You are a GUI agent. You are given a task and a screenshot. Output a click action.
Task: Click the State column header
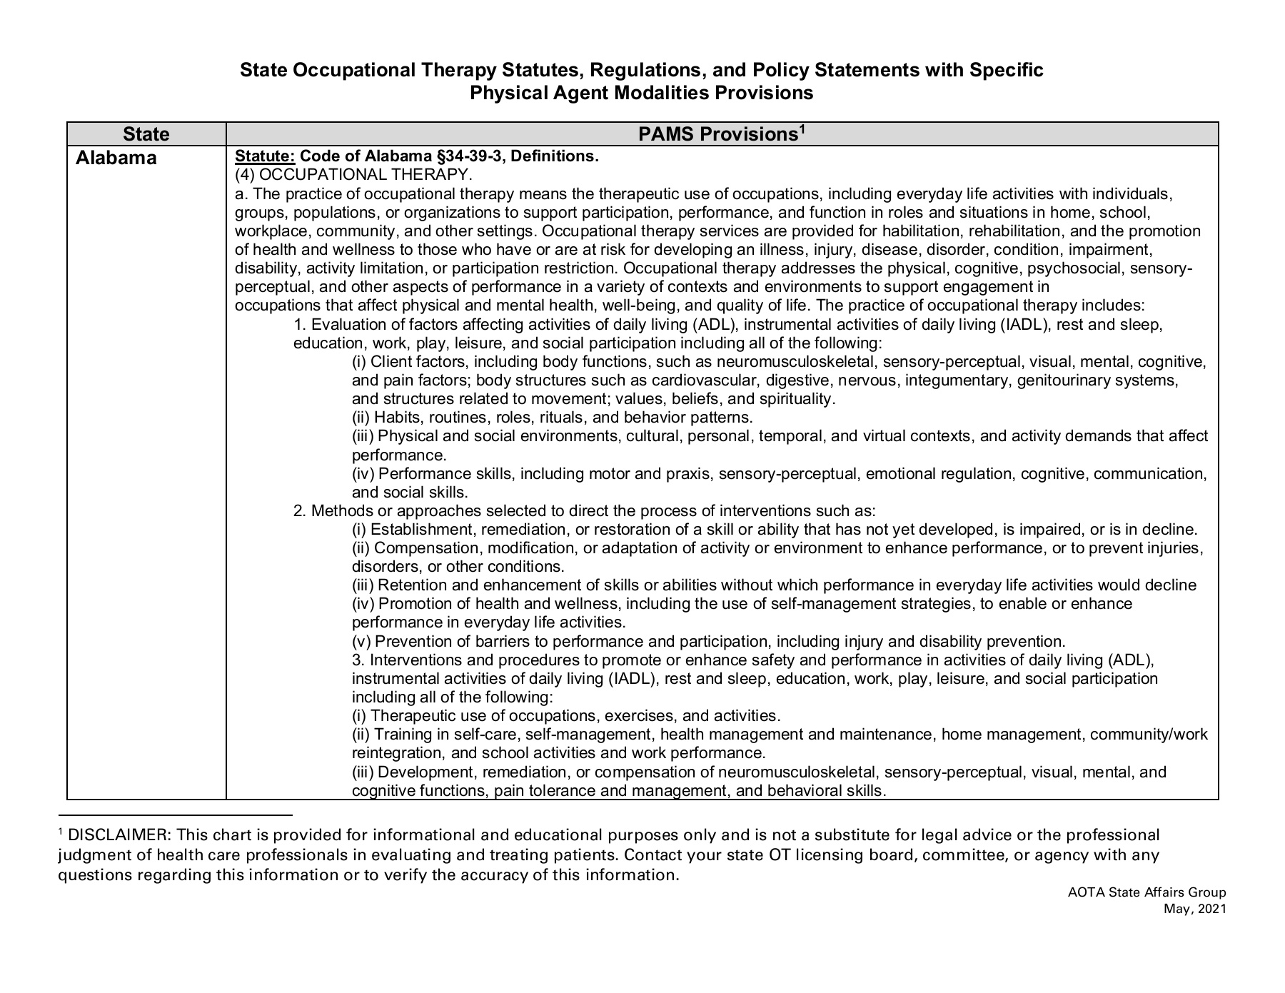pos(146,134)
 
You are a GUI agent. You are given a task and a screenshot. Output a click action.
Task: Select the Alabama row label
pos(116,158)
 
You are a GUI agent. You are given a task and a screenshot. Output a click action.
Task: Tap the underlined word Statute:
pos(265,156)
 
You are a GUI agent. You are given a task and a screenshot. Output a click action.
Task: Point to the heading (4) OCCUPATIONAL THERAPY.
pos(353,175)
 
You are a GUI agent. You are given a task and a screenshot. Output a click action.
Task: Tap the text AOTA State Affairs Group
pos(1147,892)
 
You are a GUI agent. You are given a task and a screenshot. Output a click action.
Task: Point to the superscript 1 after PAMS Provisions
pos(802,128)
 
